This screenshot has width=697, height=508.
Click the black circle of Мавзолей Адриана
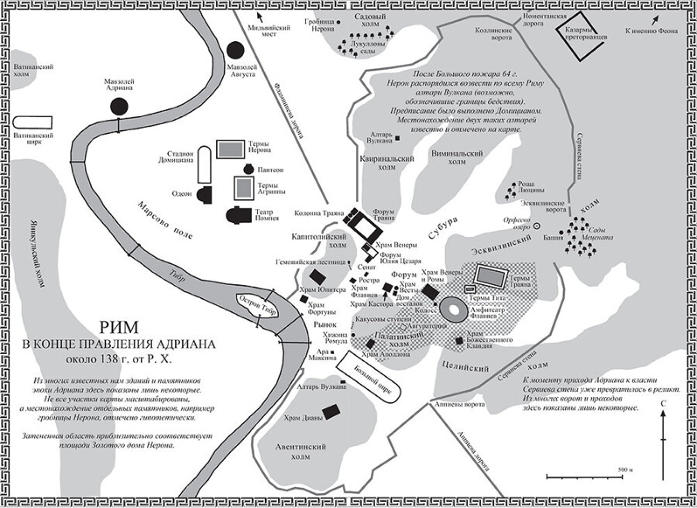coord(118,107)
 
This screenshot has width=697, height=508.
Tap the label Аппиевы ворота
coord(463,403)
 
